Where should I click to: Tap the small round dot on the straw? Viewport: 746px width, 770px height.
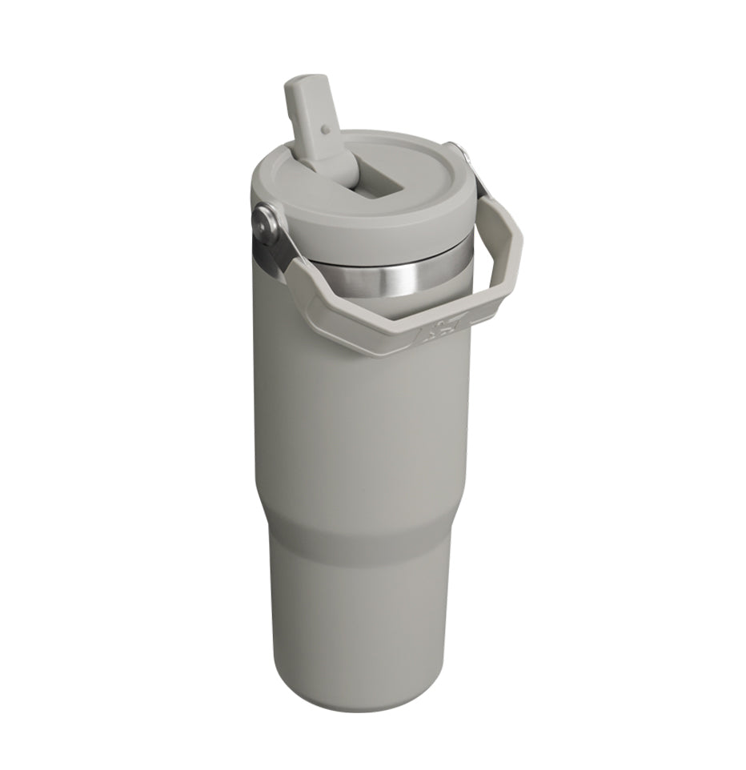click(325, 127)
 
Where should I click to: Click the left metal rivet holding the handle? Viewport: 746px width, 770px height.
click(264, 221)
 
